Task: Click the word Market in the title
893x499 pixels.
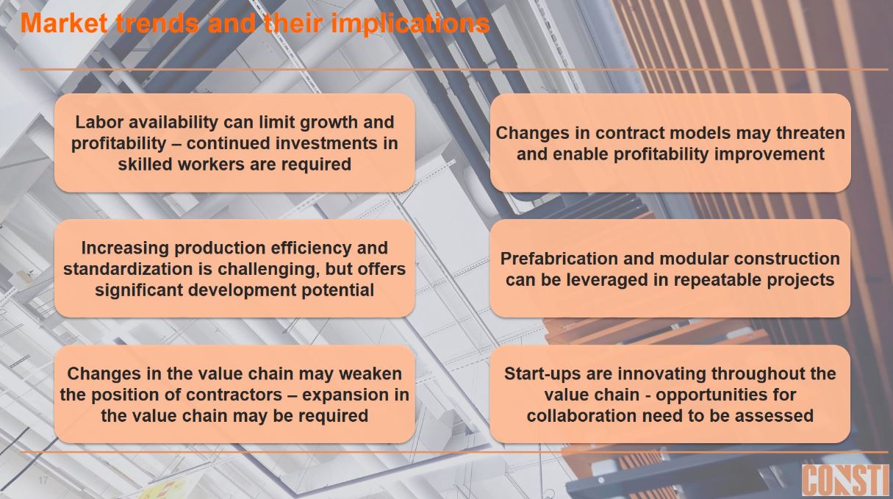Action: pos(64,23)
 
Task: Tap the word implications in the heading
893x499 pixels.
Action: pos(410,24)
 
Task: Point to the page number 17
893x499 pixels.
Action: pos(43,480)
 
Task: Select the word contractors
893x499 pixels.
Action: pos(234,395)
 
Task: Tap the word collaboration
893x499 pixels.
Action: pos(577,416)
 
